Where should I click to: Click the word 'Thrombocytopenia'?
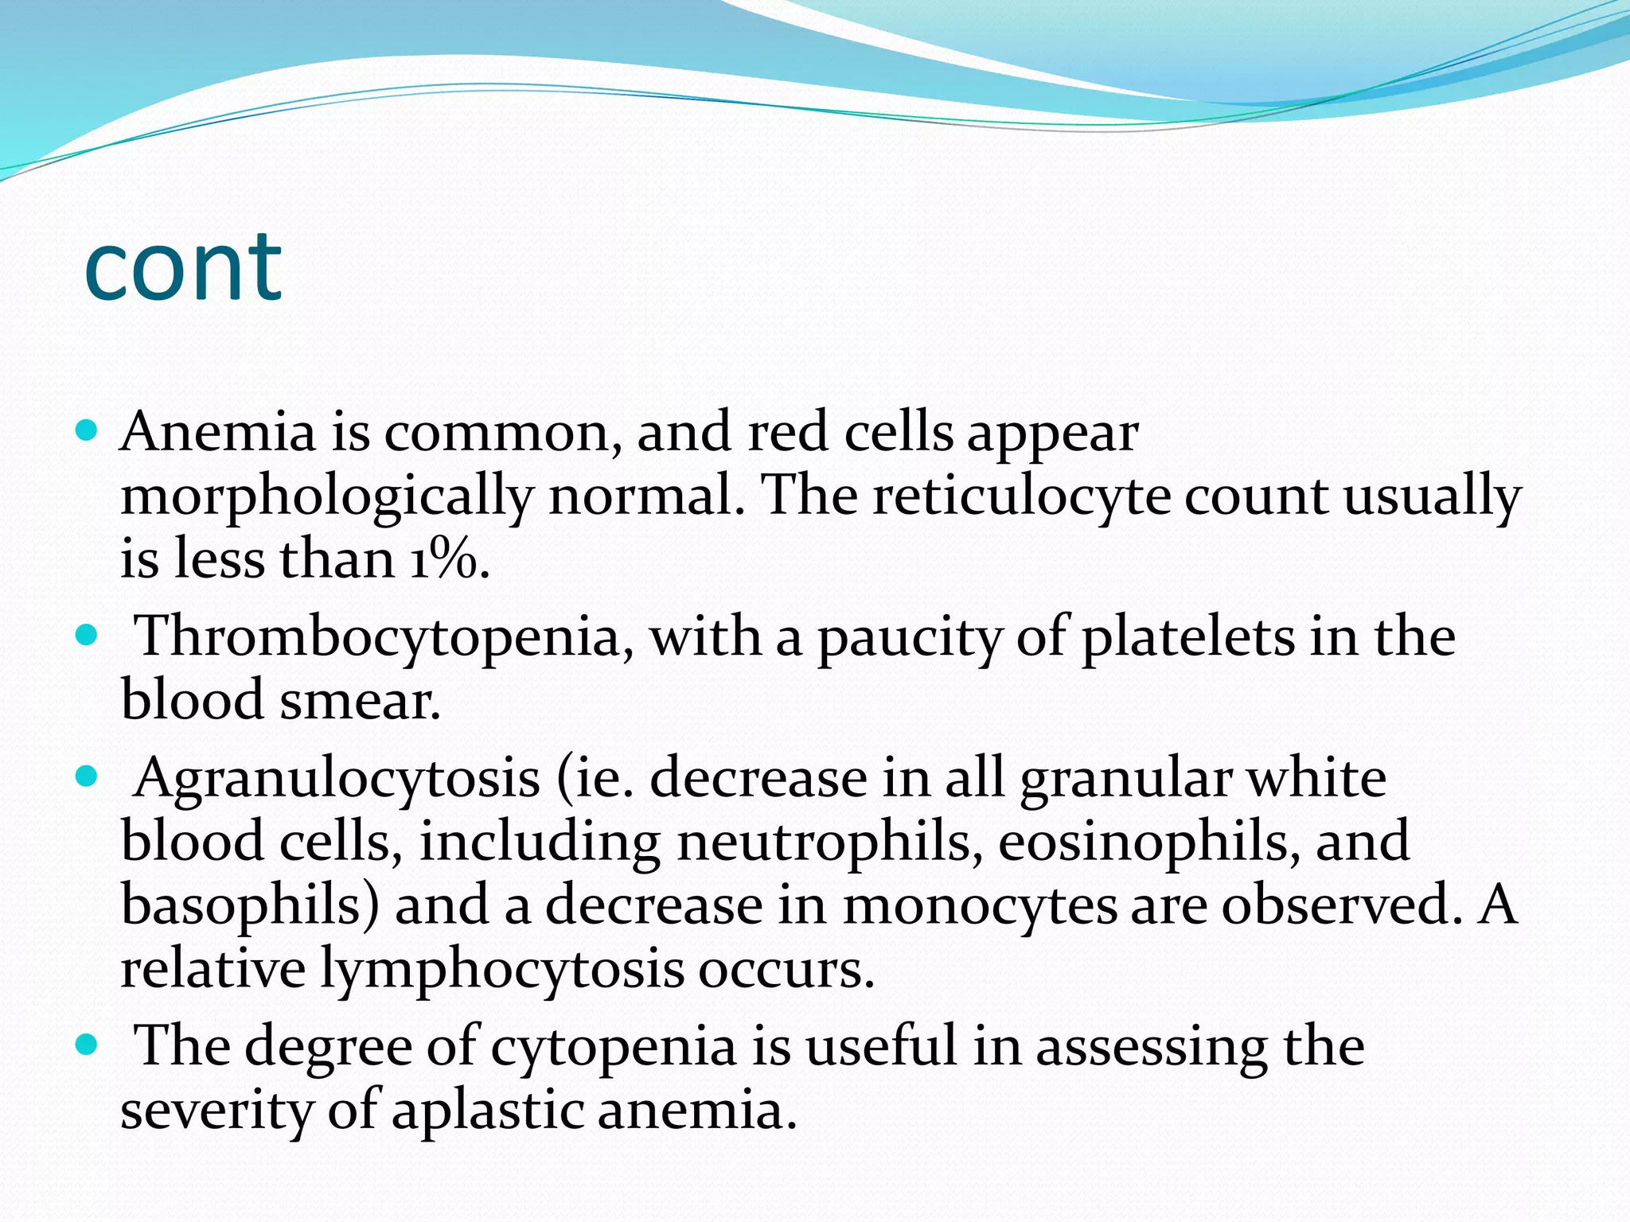click(377, 636)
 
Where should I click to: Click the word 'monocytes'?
click(980, 905)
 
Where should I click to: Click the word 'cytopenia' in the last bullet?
click(613, 1045)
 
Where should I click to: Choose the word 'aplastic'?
click(487, 1110)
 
